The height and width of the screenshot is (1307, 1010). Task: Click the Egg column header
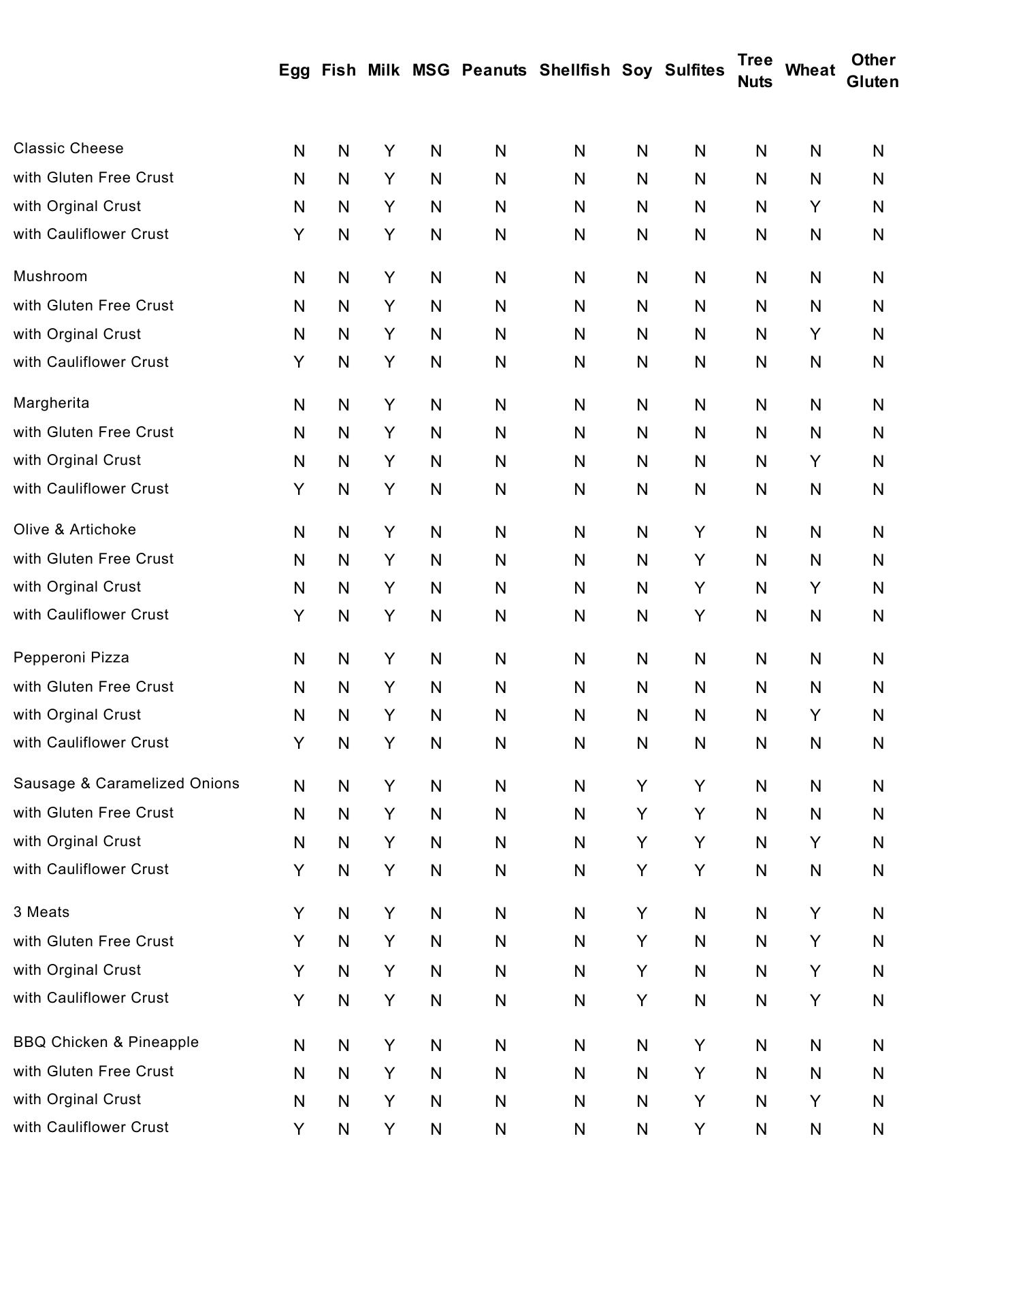(x=294, y=70)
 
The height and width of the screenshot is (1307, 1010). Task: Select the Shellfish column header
(x=574, y=70)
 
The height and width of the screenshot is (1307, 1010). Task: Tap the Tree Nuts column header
(x=755, y=71)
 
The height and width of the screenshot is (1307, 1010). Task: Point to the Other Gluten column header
(x=873, y=71)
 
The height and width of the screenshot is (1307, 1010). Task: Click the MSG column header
(x=431, y=70)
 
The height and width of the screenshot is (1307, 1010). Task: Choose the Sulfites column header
(x=694, y=70)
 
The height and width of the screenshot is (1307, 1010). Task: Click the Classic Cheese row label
(x=69, y=148)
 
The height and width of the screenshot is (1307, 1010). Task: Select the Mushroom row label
(x=50, y=276)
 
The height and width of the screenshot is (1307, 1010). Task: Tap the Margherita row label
(x=52, y=403)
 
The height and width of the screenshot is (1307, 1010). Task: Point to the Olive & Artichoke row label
(x=75, y=530)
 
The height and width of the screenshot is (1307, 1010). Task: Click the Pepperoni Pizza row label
(x=71, y=658)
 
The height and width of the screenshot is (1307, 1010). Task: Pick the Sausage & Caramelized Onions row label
(x=127, y=784)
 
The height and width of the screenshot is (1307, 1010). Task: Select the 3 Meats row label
(x=42, y=912)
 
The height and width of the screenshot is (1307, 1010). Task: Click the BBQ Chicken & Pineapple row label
(x=106, y=1042)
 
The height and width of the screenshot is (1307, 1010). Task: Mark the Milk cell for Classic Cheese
(x=389, y=151)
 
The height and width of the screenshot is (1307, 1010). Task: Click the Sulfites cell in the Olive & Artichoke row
(x=700, y=532)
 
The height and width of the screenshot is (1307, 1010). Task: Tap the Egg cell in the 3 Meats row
(x=299, y=914)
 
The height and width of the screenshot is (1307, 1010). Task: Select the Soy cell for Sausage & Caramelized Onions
(x=642, y=786)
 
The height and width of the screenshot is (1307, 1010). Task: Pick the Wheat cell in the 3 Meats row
(x=815, y=914)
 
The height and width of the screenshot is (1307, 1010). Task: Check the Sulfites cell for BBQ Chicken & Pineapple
(x=700, y=1046)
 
